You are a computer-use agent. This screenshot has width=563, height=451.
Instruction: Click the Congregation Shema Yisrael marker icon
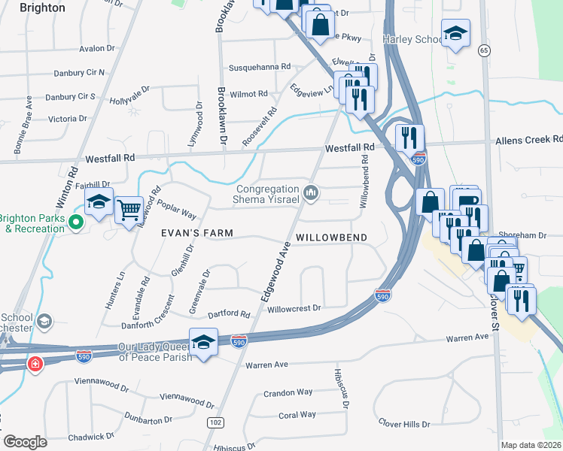pyautogui.click(x=311, y=195)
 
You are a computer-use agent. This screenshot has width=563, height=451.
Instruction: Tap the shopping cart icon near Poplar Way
pyautogui.click(x=129, y=209)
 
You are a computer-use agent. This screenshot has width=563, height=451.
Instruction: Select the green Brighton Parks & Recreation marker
pyautogui.click(x=75, y=222)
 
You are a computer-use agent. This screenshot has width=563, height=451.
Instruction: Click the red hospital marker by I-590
pyautogui.click(x=35, y=365)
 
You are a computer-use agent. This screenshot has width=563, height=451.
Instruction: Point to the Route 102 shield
pyautogui.click(x=215, y=423)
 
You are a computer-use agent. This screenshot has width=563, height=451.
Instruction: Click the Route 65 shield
pyautogui.click(x=483, y=50)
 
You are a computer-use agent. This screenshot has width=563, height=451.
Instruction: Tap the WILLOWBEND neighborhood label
pyautogui.click(x=331, y=238)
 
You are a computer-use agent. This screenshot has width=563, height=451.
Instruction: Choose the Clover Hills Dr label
pyautogui.click(x=404, y=423)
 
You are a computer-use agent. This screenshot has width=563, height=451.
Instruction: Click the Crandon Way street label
pyautogui.click(x=288, y=392)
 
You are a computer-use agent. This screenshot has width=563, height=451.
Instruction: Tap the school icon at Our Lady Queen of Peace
pyautogui.click(x=203, y=341)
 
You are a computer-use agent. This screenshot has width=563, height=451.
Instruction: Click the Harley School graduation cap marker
pyautogui.click(x=455, y=32)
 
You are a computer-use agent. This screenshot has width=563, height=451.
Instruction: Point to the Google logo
pyautogui.click(x=26, y=442)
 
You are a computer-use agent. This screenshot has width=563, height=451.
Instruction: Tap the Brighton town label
pyautogui.click(x=42, y=8)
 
